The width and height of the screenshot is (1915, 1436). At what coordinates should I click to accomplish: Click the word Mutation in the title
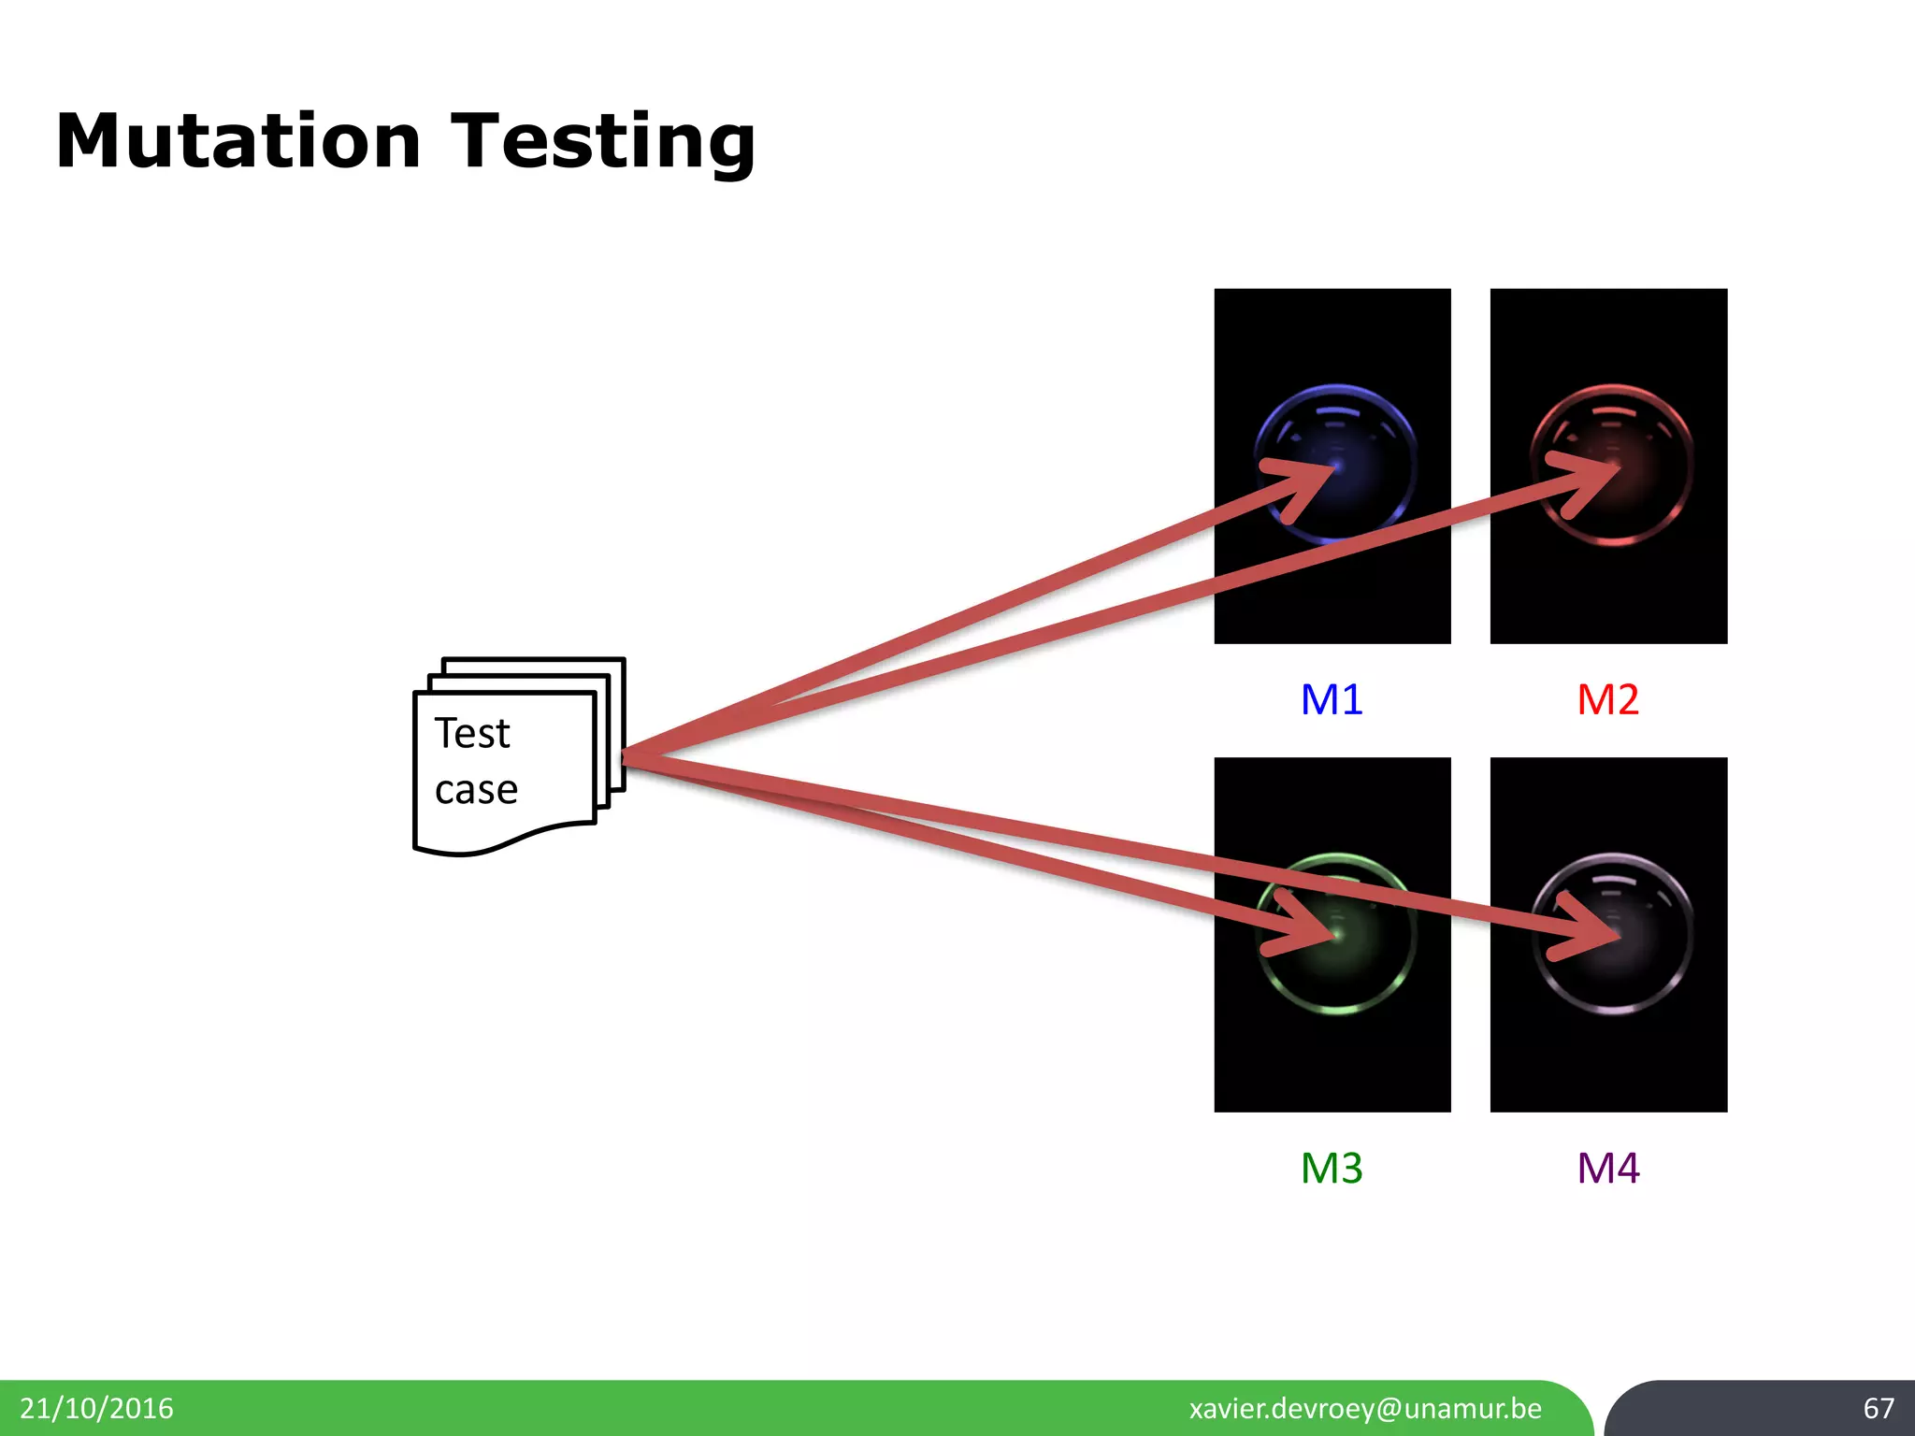tap(238, 142)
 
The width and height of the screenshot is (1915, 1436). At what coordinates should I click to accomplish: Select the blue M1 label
tap(1332, 699)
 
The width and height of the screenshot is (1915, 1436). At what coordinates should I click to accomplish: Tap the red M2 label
tap(1607, 699)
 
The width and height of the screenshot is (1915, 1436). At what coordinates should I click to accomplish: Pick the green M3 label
tap(1332, 1168)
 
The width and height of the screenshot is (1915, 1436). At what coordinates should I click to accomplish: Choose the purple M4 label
tap(1607, 1168)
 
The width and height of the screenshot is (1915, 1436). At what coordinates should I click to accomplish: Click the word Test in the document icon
tap(472, 733)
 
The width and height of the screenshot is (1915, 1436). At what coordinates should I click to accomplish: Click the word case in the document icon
tap(476, 790)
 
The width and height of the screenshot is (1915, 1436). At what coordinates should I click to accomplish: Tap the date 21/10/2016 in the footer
tap(96, 1408)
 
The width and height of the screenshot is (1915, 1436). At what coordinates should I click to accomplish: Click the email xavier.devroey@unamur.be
tap(1365, 1408)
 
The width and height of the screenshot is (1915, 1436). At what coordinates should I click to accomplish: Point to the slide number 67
tap(1878, 1408)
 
